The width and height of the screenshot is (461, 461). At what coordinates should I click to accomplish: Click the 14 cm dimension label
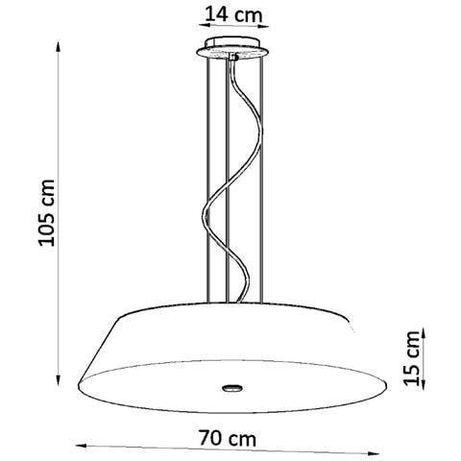230,15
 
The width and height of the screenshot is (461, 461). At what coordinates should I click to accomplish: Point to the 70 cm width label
230,438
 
